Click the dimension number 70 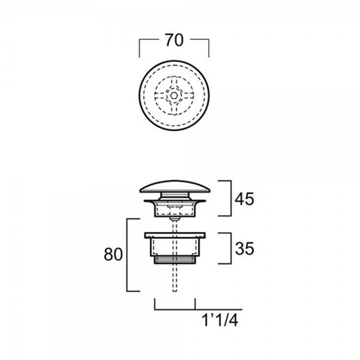[x=175, y=40]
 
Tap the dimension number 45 [x=244, y=199]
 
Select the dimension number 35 [x=245, y=248]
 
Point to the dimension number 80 [x=113, y=254]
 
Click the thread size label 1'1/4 [x=220, y=320]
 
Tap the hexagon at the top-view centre [x=174, y=95]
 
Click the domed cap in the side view [x=175, y=187]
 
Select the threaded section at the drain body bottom [x=175, y=260]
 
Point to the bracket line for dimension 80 [x=127, y=255]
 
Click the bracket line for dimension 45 [x=231, y=199]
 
